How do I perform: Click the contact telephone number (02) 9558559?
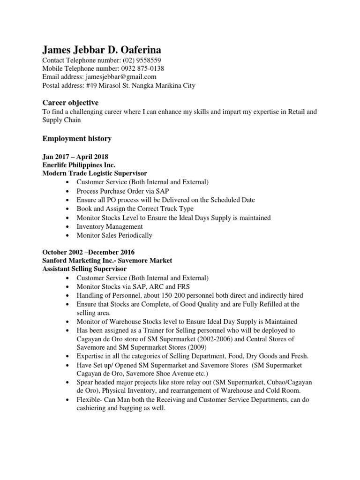point(142,60)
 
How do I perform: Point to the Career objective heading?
point(70,103)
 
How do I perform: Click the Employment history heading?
point(77,139)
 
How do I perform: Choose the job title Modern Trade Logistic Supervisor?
point(95,173)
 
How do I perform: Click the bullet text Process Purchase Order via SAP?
point(123,191)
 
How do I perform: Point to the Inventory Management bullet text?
point(110,226)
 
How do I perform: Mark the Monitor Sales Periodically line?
point(114,235)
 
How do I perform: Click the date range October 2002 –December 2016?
point(89,252)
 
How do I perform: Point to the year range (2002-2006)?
point(213,339)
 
